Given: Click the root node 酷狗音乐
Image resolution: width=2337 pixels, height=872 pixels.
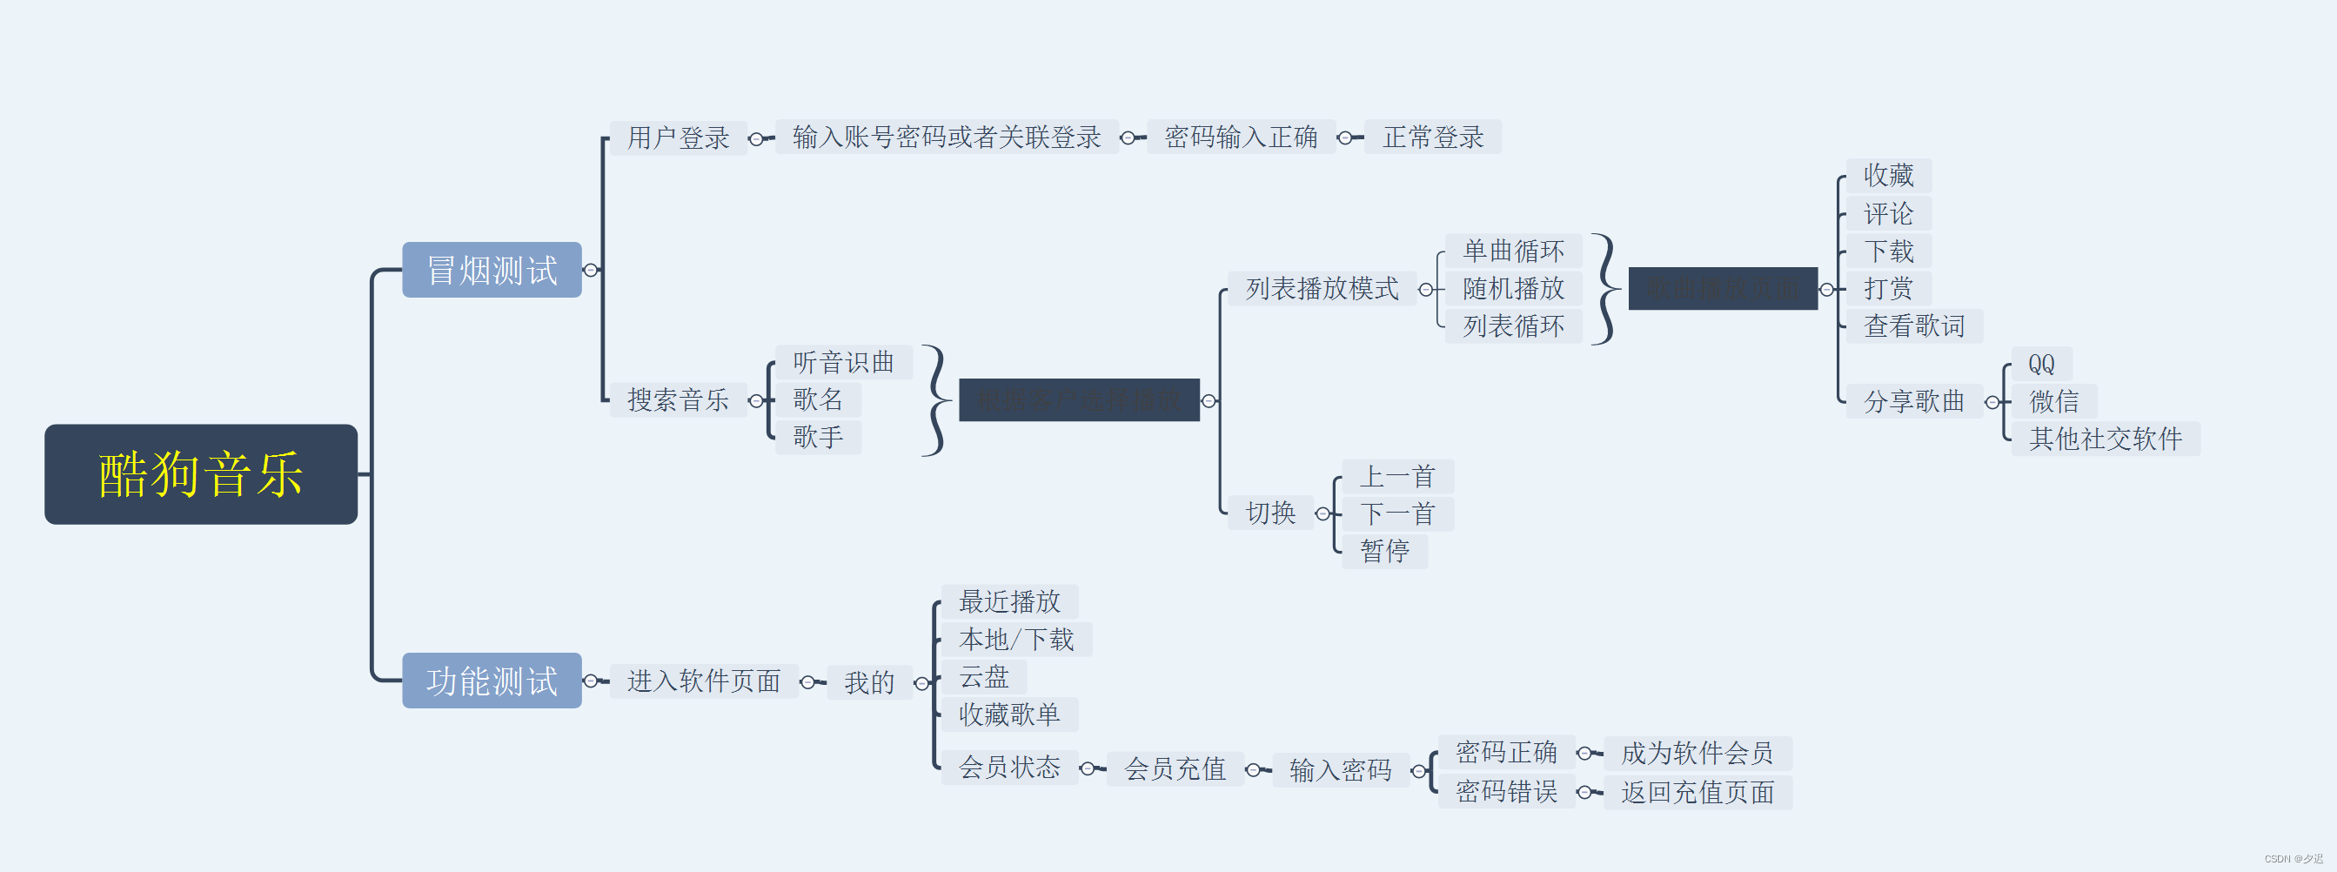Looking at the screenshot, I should (200, 473).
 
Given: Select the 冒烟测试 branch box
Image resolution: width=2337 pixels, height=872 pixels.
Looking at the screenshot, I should (492, 270).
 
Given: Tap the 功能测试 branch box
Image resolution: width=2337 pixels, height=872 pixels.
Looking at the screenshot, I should (492, 681).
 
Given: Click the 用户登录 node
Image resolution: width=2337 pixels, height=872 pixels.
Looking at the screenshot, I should (678, 138).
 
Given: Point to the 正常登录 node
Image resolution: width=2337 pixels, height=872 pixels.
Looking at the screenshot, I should (1432, 137).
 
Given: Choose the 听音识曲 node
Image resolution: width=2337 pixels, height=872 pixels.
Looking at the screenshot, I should (843, 362).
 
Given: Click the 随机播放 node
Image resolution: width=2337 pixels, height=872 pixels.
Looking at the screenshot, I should (1512, 289).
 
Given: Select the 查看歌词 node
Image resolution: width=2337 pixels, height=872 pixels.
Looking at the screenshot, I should (1913, 325).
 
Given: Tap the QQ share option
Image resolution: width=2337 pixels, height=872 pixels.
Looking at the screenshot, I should (2040, 364).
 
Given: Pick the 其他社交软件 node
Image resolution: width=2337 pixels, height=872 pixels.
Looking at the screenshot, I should (2105, 439).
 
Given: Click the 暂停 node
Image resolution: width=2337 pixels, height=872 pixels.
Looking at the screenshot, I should (1384, 551).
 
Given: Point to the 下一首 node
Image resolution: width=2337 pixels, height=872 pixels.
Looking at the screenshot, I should (1397, 513).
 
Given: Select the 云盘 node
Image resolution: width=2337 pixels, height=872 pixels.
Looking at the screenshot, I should (983, 677).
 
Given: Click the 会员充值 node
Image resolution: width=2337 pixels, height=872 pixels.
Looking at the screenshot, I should (1175, 769).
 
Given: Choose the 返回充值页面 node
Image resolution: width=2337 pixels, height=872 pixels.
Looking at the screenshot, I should (1697, 792).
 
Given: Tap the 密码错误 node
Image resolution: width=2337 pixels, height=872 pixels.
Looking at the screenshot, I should (1506, 792).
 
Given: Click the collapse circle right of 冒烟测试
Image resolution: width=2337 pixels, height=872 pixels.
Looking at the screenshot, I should (592, 271).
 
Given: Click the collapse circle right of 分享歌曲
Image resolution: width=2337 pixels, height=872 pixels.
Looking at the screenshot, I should (1992, 402).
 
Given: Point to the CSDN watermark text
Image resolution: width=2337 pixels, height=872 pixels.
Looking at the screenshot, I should (2293, 859).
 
